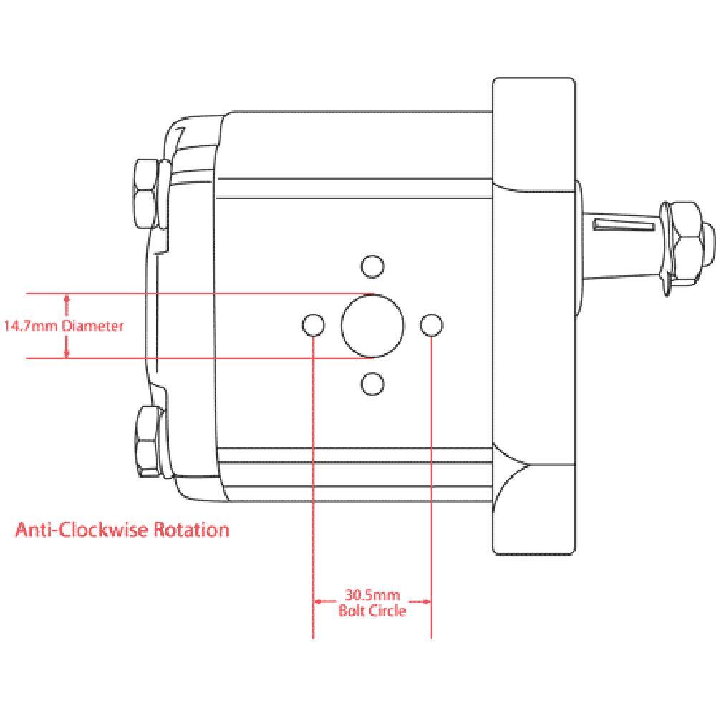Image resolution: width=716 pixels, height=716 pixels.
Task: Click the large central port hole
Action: click(x=372, y=326)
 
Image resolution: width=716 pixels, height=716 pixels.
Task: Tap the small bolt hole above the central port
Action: click(x=370, y=266)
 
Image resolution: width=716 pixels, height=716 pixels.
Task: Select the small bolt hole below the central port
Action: click(x=370, y=384)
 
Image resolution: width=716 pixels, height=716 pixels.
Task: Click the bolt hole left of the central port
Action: click(x=313, y=326)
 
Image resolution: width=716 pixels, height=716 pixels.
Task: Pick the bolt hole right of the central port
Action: click(x=431, y=326)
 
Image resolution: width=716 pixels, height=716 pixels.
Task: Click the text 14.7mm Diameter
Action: click(x=64, y=326)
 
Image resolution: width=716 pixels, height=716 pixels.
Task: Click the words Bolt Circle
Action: click(x=372, y=611)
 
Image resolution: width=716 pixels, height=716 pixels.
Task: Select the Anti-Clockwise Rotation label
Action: click(x=122, y=531)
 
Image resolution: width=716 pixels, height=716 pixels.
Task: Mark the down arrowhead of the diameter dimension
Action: click(x=67, y=353)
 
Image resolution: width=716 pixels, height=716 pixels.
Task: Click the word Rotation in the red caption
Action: click(x=192, y=531)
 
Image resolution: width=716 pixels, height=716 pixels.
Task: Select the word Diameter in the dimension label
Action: click(x=92, y=326)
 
